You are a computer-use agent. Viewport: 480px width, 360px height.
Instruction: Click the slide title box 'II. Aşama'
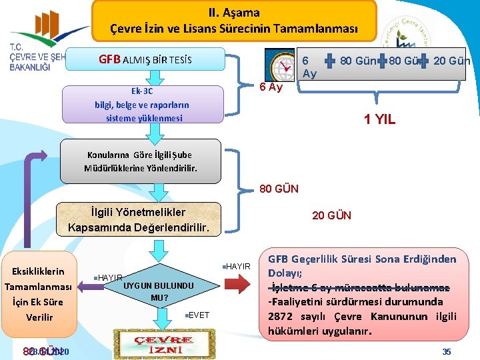coord(234,21)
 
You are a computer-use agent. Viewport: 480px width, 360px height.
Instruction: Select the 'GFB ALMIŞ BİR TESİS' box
coord(145,59)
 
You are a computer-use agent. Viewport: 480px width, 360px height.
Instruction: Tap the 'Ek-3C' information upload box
coord(142,105)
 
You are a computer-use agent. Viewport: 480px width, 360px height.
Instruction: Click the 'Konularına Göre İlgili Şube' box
coord(140,161)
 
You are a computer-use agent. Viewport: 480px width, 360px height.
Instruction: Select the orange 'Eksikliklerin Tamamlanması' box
coord(39,294)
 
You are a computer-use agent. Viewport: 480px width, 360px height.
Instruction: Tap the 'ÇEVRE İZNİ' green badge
coord(154,343)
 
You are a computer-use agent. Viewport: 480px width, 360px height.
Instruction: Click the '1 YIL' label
coord(379,120)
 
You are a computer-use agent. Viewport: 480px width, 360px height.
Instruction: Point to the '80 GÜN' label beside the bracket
coord(279,189)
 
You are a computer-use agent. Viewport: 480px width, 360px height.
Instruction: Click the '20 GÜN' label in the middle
coord(331,215)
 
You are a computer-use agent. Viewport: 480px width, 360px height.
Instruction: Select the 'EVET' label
coord(198,315)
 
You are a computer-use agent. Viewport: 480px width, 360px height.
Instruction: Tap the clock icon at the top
coord(280,65)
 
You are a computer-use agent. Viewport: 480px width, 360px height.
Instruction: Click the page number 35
coord(447,351)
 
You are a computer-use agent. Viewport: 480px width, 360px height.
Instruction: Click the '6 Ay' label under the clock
coord(272,88)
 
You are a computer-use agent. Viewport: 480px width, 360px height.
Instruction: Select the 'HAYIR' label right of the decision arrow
coord(238,267)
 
